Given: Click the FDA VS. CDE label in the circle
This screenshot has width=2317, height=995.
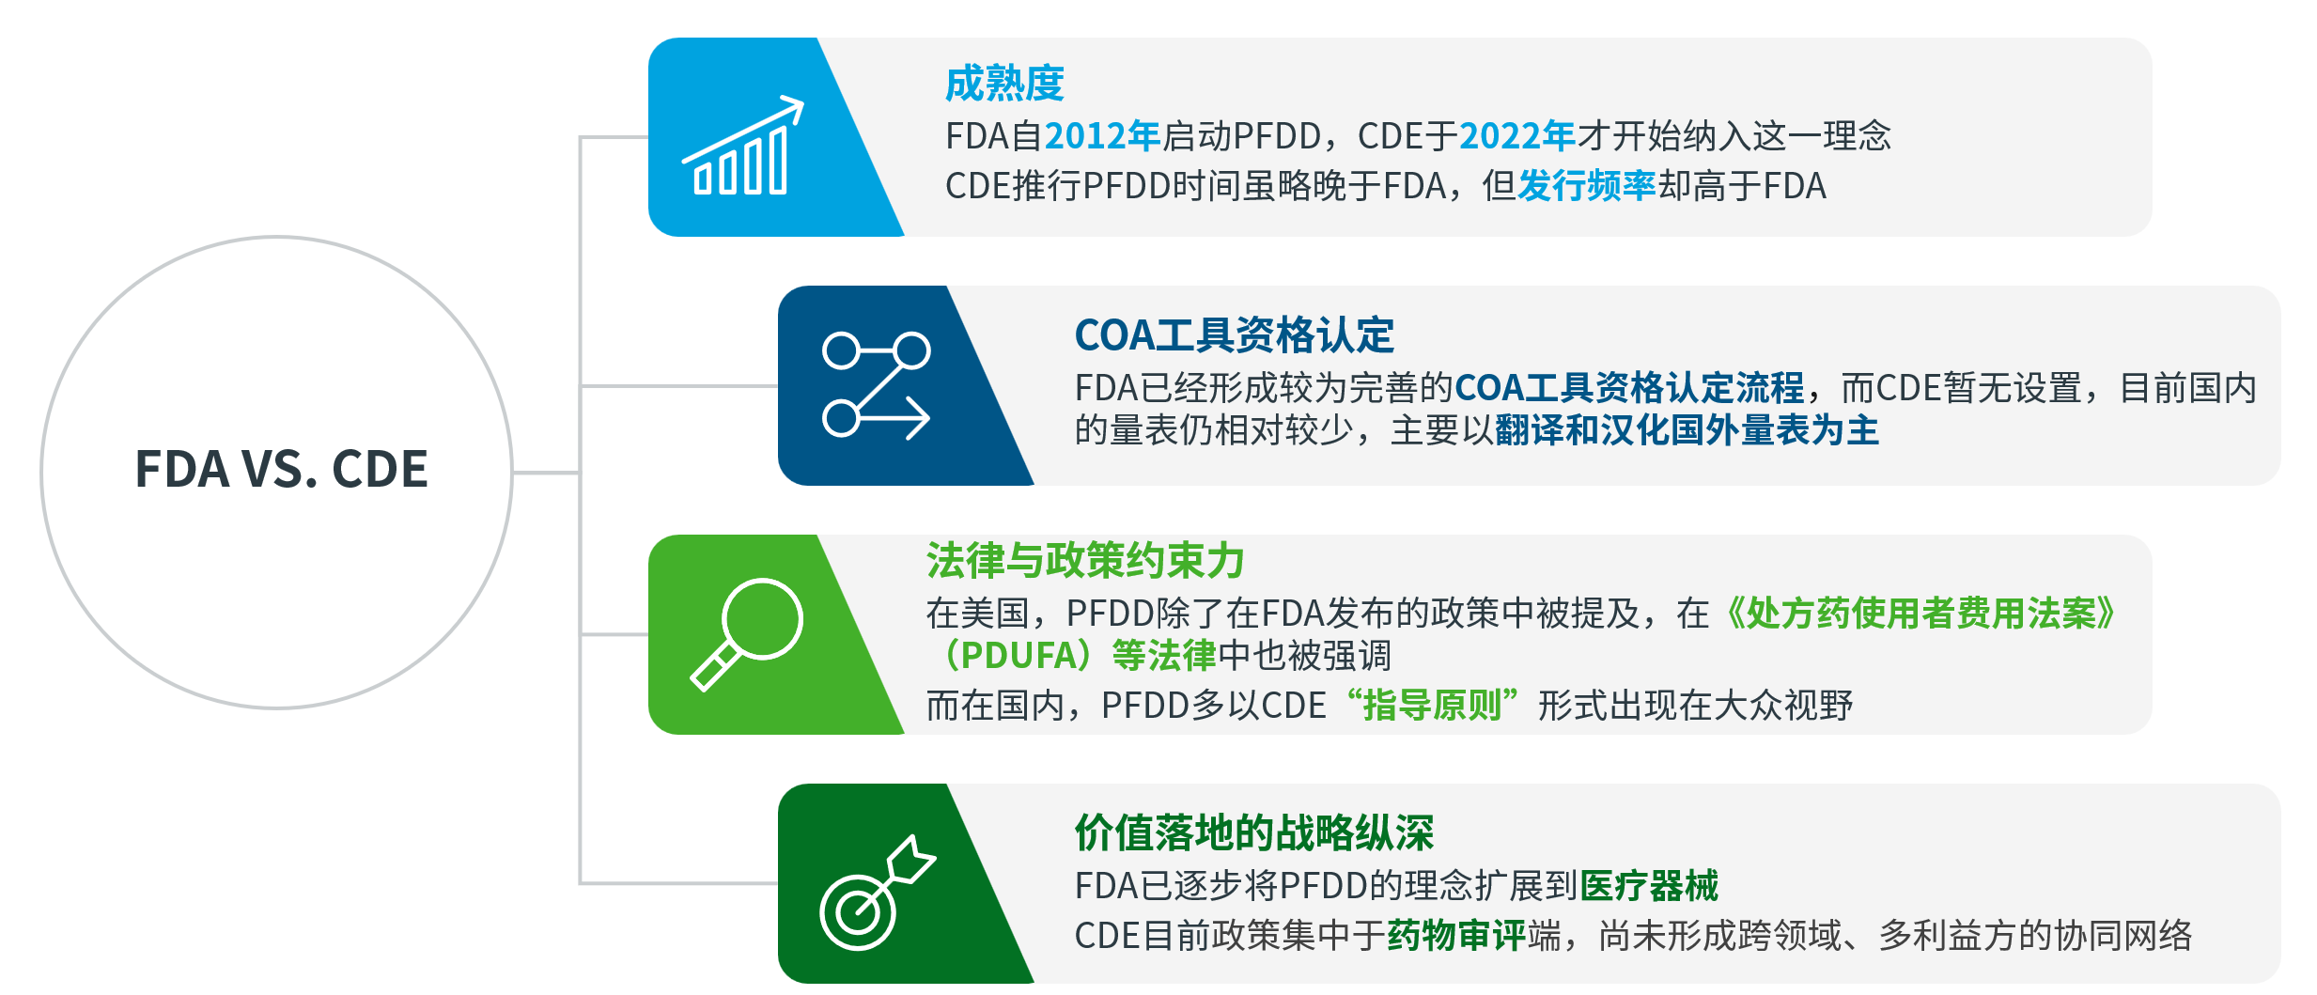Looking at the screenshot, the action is (x=281, y=469).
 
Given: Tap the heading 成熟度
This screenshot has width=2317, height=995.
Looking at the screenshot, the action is (x=1004, y=84).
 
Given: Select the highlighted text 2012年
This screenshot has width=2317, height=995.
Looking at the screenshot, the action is (x=1102, y=136).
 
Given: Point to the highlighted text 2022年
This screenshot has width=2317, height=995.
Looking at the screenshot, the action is (x=1517, y=136).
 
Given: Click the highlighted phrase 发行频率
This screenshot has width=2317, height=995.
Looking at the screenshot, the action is (x=1587, y=186).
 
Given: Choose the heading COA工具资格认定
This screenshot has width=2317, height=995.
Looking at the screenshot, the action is (x=1234, y=335).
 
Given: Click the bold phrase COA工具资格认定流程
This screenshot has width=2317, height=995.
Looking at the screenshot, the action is (x=1629, y=387).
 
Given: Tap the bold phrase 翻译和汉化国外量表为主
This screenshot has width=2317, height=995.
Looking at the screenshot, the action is (x=1687, y=430).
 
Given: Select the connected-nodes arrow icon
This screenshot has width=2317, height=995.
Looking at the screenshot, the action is (x=876, y=385).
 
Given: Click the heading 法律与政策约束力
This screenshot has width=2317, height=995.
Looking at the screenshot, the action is (x=1085, y=561).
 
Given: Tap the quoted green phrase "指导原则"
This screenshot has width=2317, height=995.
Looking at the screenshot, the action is (x=1432, y=705).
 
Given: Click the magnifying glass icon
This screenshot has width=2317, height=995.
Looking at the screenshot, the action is (x=747, y=634).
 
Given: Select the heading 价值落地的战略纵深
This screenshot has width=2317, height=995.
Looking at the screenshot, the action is (x=1254, y=832).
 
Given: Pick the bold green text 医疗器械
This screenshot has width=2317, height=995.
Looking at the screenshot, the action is (x=1649, y=885).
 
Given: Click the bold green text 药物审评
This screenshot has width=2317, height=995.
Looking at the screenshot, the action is (x=1456, y=935).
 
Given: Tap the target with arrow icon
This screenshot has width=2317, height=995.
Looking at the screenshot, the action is (x=877, y=893).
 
